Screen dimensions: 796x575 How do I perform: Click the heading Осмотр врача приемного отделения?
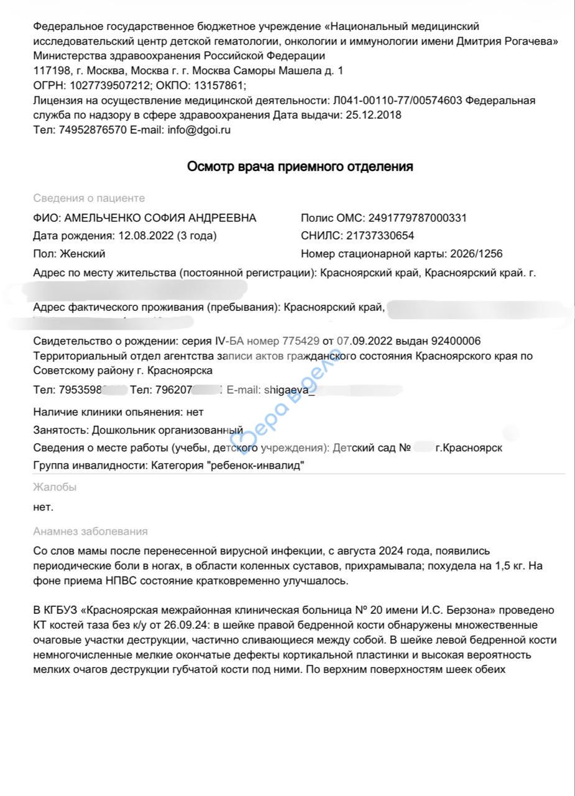coord(300,167)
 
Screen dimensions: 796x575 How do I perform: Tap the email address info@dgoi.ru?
coord(199,131)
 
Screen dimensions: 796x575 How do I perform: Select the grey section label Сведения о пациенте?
coord(89,198)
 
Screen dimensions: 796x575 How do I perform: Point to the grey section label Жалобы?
coord(55,488)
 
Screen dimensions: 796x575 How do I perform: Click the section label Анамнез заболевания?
coord(90,532)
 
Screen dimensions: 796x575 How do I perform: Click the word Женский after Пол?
coord(83,254)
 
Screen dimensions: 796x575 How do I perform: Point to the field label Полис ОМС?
coord(331,218)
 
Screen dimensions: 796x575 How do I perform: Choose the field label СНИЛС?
coord(321,236)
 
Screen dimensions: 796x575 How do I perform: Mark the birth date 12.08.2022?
coord(144,236)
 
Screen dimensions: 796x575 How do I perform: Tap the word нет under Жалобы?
coord(43,507)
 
